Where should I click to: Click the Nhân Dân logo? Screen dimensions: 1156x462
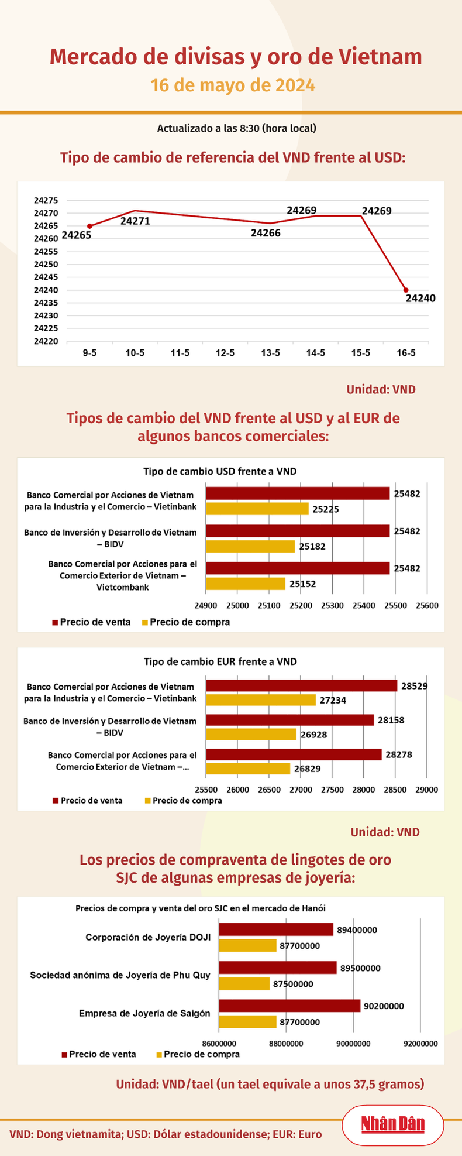click(392, 1124)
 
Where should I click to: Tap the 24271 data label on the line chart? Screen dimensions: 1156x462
click(135, 221)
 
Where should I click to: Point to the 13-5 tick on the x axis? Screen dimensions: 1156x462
click(270, 353)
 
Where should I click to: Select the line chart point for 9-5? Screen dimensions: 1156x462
click(89, 226)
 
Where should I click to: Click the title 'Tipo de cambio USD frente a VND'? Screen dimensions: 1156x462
click(220, 471)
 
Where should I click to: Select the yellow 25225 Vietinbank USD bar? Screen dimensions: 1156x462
click(257, 509)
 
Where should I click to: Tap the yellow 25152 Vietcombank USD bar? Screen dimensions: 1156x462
click(246, 584)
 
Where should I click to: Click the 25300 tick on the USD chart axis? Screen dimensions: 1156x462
click(332, 606)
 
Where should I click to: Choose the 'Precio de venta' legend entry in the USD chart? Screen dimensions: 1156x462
click(92, 622)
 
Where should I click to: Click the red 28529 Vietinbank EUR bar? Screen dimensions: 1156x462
click(301, 685)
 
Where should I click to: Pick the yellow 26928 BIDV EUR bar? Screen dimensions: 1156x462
click(251, 734)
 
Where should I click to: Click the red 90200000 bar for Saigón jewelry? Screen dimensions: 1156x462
click(289, 1006)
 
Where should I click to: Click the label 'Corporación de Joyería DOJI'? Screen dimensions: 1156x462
click(148, 937)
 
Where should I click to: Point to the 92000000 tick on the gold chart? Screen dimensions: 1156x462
click(421, 1043)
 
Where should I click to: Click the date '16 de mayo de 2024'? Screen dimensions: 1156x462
click(233, 85)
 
